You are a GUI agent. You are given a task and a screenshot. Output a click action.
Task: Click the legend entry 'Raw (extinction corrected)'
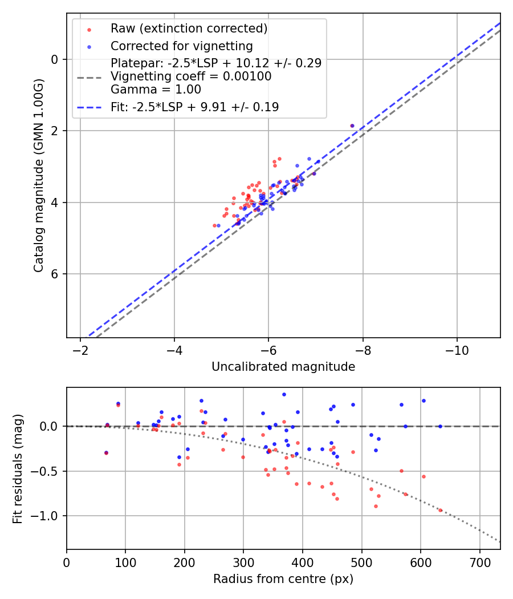pos(189,29)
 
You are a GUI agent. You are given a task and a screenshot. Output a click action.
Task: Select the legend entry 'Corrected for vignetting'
pos(181,46)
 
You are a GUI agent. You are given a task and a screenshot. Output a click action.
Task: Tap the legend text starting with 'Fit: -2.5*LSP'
pos(194,107)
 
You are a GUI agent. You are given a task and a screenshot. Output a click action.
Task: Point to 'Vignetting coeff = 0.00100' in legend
pos(191,76)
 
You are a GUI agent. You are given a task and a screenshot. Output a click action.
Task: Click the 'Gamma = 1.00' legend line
pos(156,90)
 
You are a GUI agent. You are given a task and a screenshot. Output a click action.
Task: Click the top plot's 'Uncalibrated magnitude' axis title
pos(283,367)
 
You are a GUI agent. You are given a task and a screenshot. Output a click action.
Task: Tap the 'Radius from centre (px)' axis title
pos(283,579)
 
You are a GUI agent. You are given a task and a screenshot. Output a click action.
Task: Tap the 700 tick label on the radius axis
pos(479,561)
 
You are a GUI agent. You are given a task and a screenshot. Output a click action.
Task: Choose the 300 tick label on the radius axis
pos(243,561)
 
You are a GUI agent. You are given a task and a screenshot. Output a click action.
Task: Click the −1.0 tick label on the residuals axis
pos(48,516)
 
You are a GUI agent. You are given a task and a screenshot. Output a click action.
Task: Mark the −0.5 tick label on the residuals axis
pos(48,471)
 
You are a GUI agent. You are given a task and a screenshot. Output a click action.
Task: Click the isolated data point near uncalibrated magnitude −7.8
pos(352,126)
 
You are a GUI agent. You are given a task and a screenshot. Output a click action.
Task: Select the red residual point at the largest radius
pos(440,510)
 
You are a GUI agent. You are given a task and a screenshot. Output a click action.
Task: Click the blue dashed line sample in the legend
pos(89,107)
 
